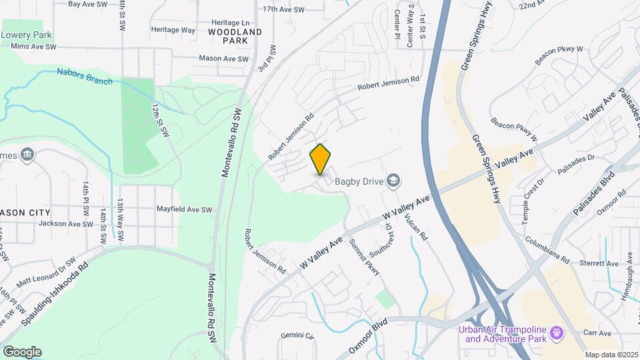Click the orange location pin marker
pyautogui.click(x=321, y=159)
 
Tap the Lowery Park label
pyautogui.click(x=27, y=34)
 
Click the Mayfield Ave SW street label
pyautogui.click(x=184, y=209)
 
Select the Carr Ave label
pyautogui.click(x=597, y=333)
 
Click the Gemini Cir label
pyautogui.click(x=297, y=335)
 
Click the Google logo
pyautogui.click(x=22, y=351)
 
